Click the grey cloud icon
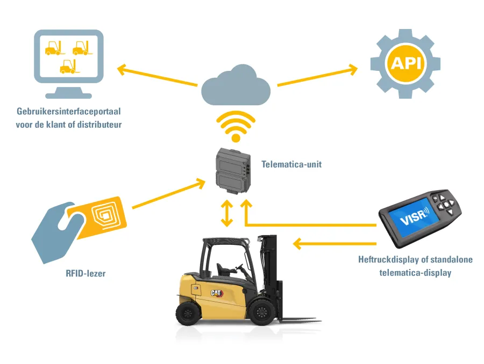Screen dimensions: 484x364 point(236,85)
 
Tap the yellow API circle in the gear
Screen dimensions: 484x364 point(405,63)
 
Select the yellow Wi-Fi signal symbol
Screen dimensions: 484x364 point(236,126)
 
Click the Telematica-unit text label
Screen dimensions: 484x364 point(291,164)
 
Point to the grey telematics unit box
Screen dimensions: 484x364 point(233,171)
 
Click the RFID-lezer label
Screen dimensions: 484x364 point(86,273)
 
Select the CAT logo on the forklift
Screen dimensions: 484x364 point(217,293)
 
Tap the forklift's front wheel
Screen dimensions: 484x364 point(262,312)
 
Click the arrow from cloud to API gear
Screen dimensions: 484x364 point(317,75)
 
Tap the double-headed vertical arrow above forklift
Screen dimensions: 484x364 point(227,213)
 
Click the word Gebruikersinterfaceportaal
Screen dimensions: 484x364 point(68,111)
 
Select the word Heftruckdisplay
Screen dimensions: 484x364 point(389,259)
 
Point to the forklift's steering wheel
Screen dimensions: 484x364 point(239,267)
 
